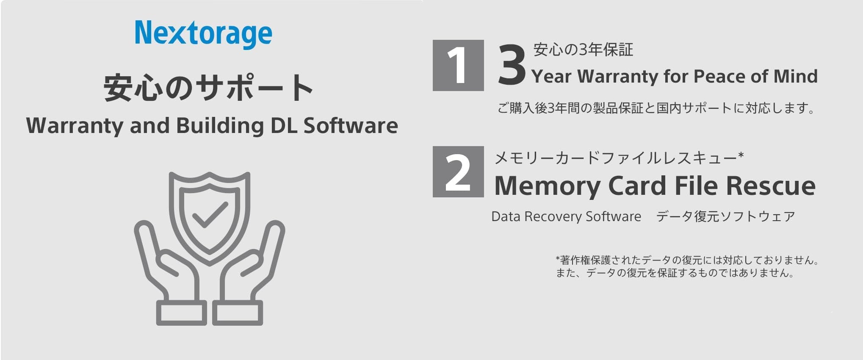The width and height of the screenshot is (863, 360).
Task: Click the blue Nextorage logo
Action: coord(204,34)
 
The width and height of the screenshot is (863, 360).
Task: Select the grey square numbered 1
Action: coord(458,65)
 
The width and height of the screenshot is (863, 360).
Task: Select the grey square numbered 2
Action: coord(458,172)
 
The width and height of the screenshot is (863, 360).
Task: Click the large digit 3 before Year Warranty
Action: coord(512,65)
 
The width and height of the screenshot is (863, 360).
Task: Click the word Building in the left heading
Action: coord(220,126)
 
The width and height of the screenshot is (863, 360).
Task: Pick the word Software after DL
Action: coord(351,125)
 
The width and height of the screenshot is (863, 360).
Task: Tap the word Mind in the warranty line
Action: coord(796,76)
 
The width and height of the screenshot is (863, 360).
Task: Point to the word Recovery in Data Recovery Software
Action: coord(553,217)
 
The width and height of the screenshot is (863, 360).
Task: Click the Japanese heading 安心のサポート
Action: coord(208,87)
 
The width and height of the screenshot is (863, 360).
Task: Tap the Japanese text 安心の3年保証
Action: coord(583,50)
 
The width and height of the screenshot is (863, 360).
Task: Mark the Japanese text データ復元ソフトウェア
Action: coord(725,216)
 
